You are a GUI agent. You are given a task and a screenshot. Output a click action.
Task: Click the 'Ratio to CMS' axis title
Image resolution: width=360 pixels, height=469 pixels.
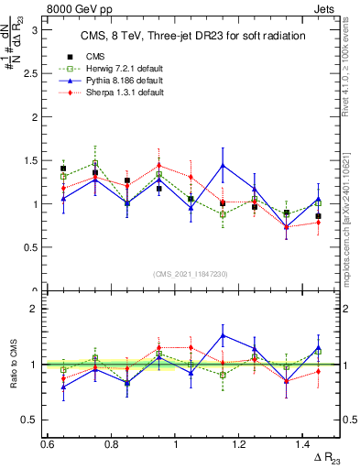tap(13, 365)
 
